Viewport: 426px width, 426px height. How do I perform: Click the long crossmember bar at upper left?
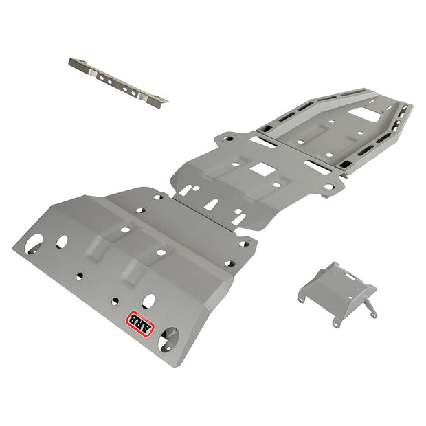click(117, 81)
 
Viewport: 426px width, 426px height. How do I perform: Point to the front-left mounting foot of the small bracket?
click(305, 296)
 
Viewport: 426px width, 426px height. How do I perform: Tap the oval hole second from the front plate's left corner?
click(62, 241)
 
